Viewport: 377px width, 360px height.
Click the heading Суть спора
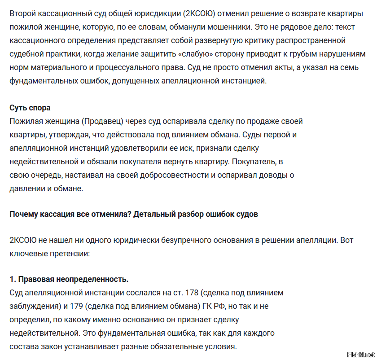pyautogui.click(x=30, y=108)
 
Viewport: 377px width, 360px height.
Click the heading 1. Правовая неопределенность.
pyautogui.click(x=69, y=279)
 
